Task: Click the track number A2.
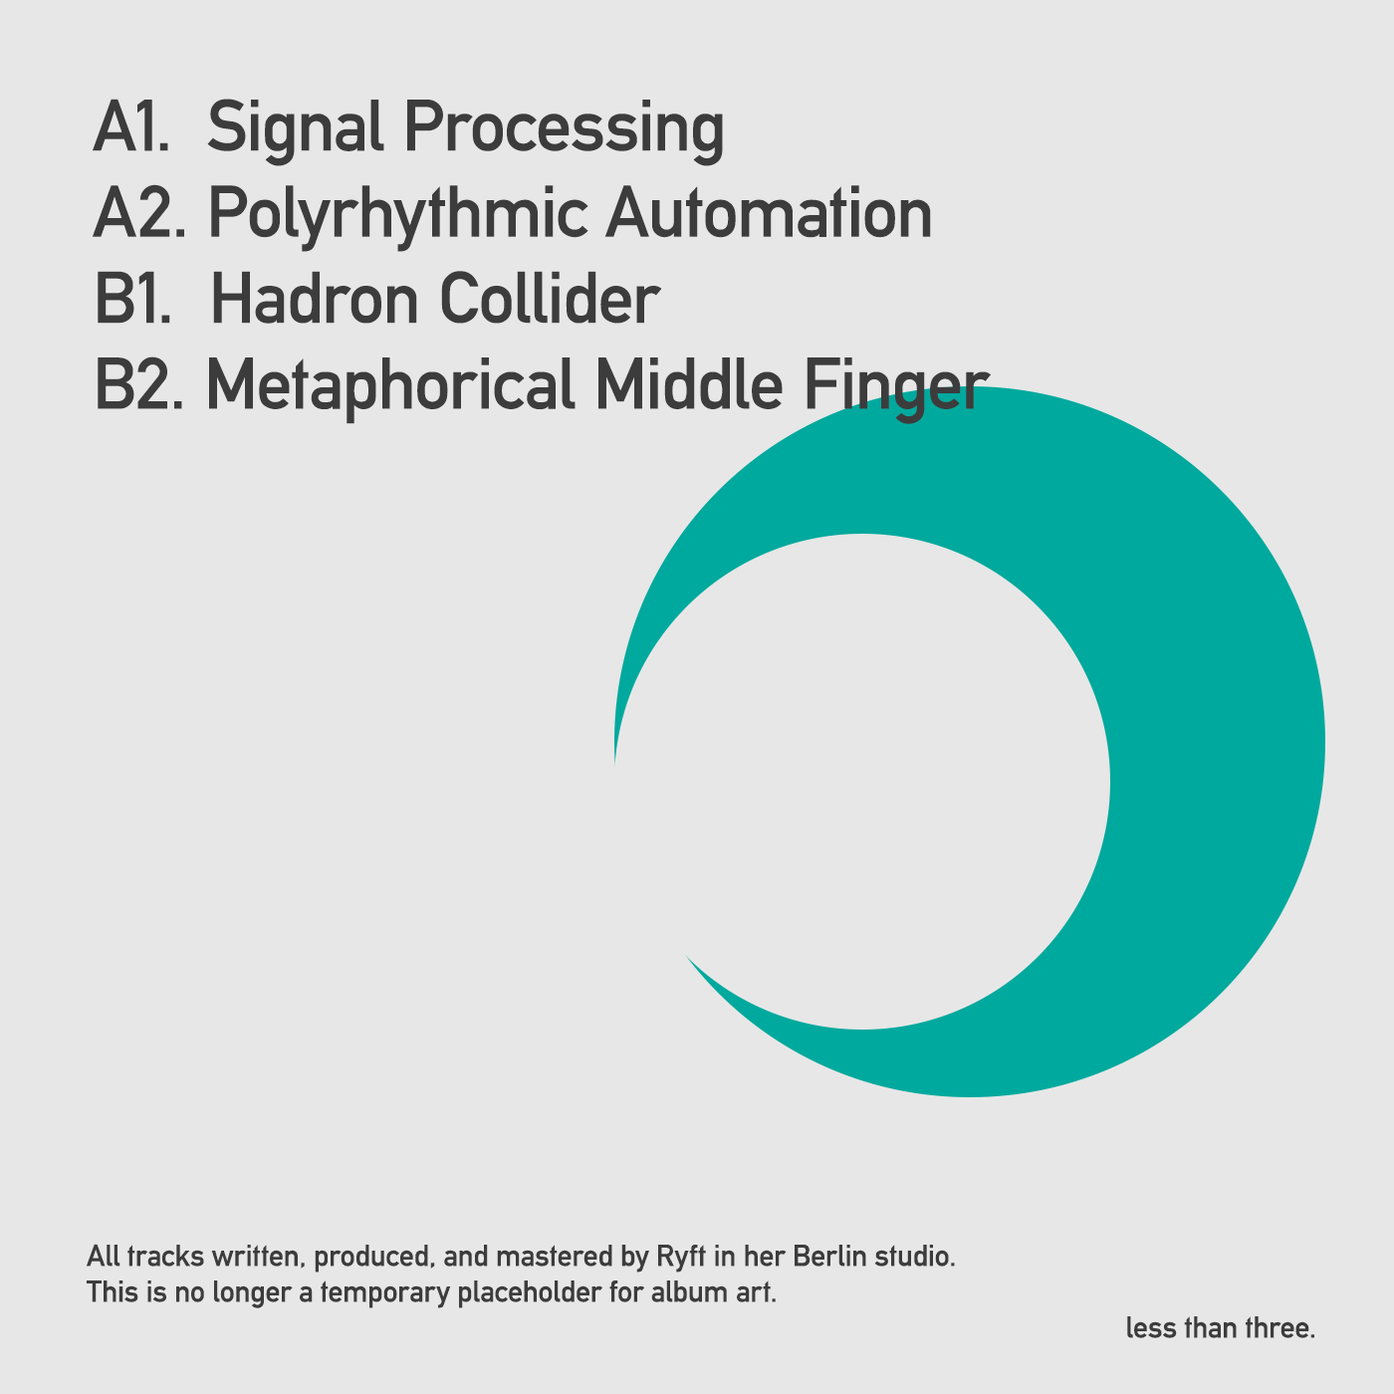[137, 214]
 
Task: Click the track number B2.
[138, 386]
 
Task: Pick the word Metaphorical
[389, 386]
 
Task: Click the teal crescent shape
[1215, 757]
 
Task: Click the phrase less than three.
[1221, 1328]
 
